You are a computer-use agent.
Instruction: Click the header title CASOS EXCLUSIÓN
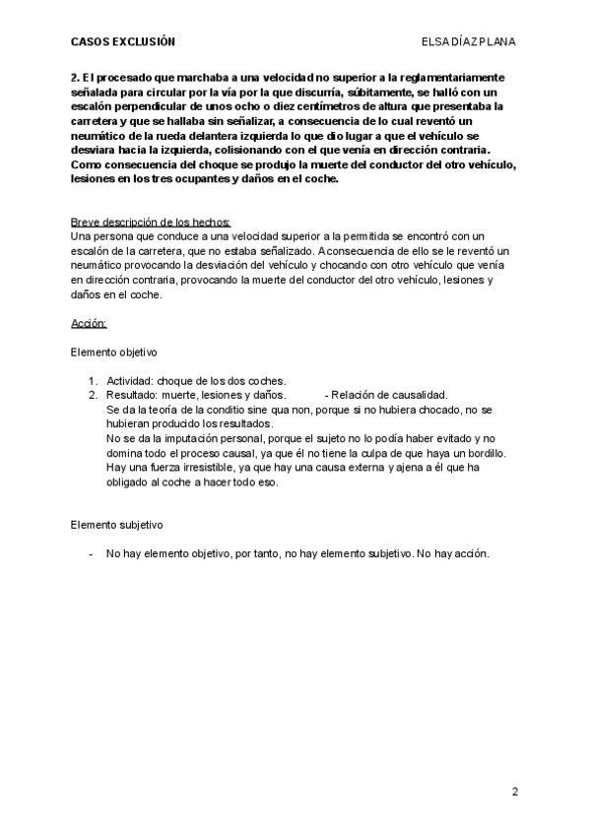(x=122, y=42)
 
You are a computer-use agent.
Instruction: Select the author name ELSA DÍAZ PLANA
(x=468, y=42)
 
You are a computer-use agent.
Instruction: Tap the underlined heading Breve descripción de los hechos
(x=151, y=222)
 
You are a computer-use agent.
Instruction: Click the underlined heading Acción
(x=89, y=323)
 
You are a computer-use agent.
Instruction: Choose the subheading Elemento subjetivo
(x=116, y=526)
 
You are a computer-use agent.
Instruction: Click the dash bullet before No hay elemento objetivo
(x=91, y=554)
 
